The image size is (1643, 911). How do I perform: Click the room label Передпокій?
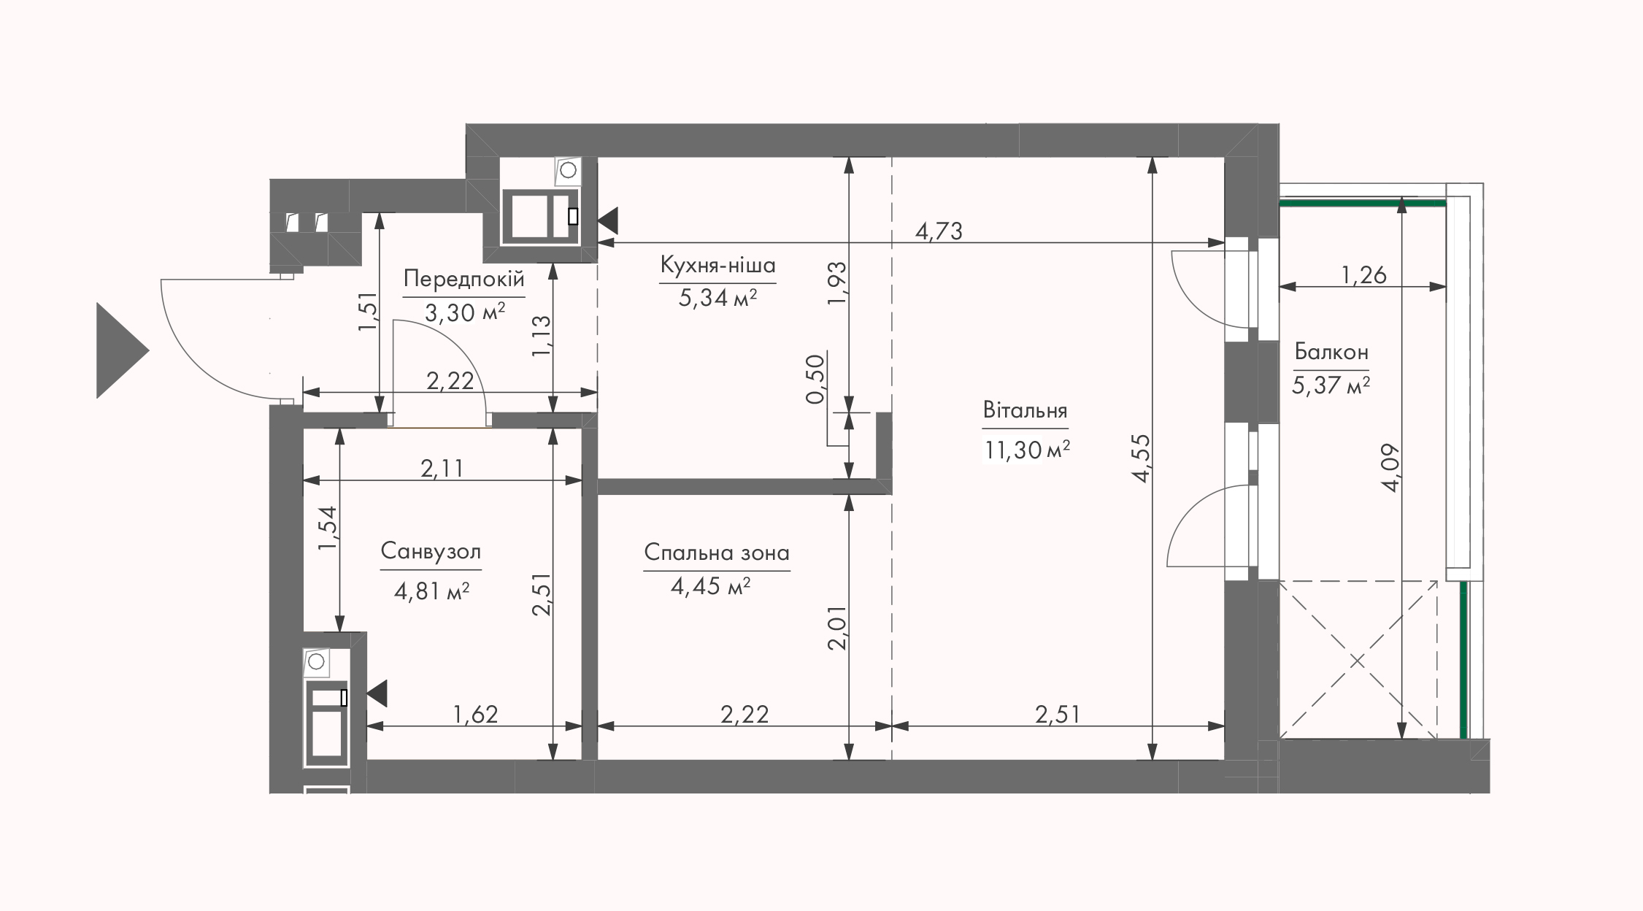pos(463,279)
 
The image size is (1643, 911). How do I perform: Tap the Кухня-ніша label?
pos(717,265)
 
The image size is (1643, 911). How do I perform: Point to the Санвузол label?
pos(431,551)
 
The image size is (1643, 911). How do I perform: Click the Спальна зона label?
pos(717,553)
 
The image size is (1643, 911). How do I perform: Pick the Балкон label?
pos(1331,352)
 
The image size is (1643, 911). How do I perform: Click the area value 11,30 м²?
pos(1027,450)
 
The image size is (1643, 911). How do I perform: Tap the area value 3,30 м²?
pos(464,312)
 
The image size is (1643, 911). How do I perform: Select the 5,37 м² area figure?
pos(1331,385)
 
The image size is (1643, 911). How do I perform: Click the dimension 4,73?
pos(939,231)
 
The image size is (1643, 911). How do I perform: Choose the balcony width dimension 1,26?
pos(1363,275)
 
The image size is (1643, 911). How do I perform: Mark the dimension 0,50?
pos(815,378)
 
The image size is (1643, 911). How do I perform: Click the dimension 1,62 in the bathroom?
pos(476,714)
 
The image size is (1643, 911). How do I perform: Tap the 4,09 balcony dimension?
pos(1389,467)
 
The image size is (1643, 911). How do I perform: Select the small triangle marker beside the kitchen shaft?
pos(608,220)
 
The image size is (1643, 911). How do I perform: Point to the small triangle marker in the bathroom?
pos(377,693)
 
